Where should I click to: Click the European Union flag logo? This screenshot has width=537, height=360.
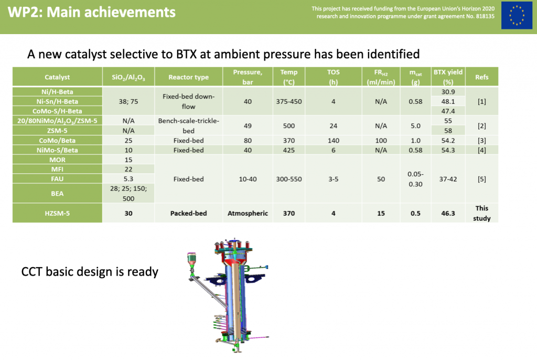[x=517, y=15]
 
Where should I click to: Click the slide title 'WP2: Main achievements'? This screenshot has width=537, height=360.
[x=91, y=13]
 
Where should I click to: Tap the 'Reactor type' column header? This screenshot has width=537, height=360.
[x=188, y=77]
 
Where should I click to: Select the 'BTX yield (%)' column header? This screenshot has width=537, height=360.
[x=448, y=77]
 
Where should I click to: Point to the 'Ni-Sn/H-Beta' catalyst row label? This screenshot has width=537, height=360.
[x=57, y=101]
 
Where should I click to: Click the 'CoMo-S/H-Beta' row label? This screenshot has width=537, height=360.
[x=57, y=111]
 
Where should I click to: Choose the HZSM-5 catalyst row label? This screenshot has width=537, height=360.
[x=57, y=213]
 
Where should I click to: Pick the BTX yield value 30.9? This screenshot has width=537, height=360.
[x=448, y=92]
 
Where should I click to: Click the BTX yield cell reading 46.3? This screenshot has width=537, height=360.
[x=448, y=213]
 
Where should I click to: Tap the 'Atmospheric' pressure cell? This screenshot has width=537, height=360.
[x=248, y=213]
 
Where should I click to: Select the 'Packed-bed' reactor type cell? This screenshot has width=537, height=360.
[x=188, y=213]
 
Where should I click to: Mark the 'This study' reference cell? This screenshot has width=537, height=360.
[x=481, y=213]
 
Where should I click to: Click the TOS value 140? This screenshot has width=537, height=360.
[x=333, y=141]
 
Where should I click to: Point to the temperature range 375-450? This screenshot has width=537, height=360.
[x=289, y=101]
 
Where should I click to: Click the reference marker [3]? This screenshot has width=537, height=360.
[x=481, y=141]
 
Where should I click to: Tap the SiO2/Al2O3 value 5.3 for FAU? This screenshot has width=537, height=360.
[x=128, y=179]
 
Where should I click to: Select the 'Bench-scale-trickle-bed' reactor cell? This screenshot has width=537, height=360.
[x=188, y=126]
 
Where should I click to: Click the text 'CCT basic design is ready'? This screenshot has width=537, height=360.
[x=90, y=272]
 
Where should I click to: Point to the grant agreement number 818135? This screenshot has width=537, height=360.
[x=485, y=16]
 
